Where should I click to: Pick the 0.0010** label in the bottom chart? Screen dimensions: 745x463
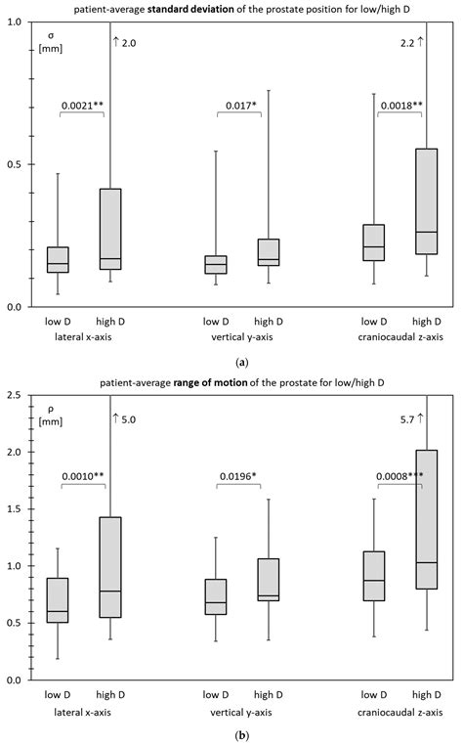click(85, 477)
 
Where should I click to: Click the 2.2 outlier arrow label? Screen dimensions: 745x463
click(408, 43)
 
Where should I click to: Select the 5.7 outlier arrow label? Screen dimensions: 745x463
click(408, 417)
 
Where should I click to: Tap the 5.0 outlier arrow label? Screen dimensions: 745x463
click(125, 419)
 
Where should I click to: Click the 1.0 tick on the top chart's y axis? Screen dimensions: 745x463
click(19, 22)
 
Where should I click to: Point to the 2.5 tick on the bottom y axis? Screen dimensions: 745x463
click(19, 395)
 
